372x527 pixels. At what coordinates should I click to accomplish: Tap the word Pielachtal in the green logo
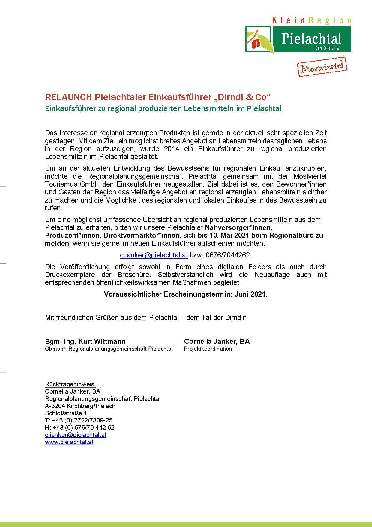pos(311,39)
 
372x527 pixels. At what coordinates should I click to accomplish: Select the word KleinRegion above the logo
pos(311,20)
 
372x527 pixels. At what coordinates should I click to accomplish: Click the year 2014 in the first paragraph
pos(172,149)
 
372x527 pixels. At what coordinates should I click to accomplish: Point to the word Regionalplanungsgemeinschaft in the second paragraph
pos(135,176)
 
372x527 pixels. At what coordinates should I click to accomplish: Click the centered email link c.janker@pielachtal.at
pos(154,255)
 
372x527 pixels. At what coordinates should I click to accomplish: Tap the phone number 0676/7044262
pos(228,255)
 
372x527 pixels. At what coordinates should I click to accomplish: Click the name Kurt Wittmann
pos(102,341)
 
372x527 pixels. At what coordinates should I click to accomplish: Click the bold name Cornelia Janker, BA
pos(217,341)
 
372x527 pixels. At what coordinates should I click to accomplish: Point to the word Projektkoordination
pos(208,349)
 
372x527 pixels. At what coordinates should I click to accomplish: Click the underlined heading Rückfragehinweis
pos(70,384)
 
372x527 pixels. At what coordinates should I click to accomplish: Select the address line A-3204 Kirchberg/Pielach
pos(80,406)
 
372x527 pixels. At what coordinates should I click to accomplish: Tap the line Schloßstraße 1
pos(66,413)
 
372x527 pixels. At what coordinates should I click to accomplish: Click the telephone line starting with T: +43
pos(79,420)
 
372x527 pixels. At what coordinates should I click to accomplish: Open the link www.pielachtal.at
pos(69,442)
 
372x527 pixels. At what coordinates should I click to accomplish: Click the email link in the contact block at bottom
pos(76,435)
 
